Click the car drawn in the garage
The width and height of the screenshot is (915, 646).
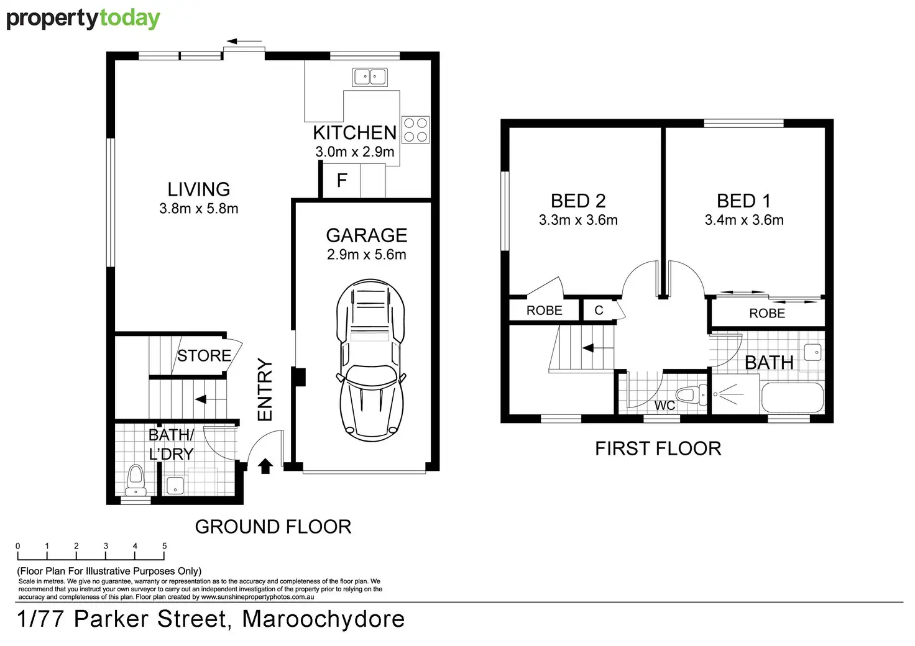pyautogui.click(x=370, y=360)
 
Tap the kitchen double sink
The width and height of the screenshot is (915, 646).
pyautogui.click(x=370, y=77)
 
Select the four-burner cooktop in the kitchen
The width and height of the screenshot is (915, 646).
pyautogui.click(x=415, y=130)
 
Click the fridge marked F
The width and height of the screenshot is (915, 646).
pyautogui.click(x=342, y=181)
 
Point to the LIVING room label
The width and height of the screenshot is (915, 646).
pyautogui.click(x=198, y=189)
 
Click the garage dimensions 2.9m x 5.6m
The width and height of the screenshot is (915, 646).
pyautogui.click(x=366, y=255)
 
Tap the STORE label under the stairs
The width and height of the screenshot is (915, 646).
pyautogui.click(x=204, y=356)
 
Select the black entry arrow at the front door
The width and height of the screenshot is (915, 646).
pyautogui.click(x=265, y=466)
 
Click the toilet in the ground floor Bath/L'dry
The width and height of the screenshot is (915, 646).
pyautogui.click(x=136, y=480)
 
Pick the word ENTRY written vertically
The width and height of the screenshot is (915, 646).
pyautogui.click(x=265, y=389)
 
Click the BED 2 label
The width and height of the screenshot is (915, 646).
pyautogui.click(x=577, y=201)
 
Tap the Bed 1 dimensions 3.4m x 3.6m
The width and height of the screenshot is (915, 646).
pyautogui.click(x=743, y=220)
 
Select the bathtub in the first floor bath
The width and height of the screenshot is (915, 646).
pyautogui.click(x=792, y=398)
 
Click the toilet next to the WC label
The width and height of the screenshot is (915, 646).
pyautogui.click(x=689, y=395)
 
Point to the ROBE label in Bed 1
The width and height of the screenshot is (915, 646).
pyautogui.click(x=766, y=314)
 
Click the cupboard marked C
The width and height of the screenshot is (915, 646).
pyautogui.click(x=599, y=311)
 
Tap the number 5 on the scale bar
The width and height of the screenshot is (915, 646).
pyautogui.click(x=165, y=546)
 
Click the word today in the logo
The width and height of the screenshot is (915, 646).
pyautogui.click(x=129, y=19)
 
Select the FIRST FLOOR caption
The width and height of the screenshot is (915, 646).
pyautogui.click(x=658, y=448)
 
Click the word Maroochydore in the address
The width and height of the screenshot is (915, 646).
pyautogui.click(x=323, y=619)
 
